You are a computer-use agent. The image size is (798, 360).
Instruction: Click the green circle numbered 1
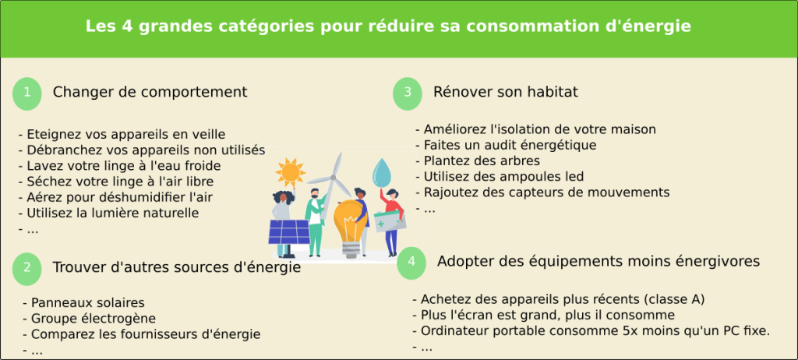point(27,92)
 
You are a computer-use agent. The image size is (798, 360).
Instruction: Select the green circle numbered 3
point(408,92)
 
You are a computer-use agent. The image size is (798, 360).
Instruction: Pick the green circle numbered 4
point(411,262)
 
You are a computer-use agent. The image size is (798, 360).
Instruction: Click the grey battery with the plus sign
point(390,220)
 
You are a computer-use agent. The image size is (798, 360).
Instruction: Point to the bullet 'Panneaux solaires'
point(88,302)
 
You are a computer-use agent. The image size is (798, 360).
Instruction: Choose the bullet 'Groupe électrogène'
point(94,318)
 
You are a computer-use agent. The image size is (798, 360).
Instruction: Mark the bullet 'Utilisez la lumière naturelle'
point(113,213)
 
